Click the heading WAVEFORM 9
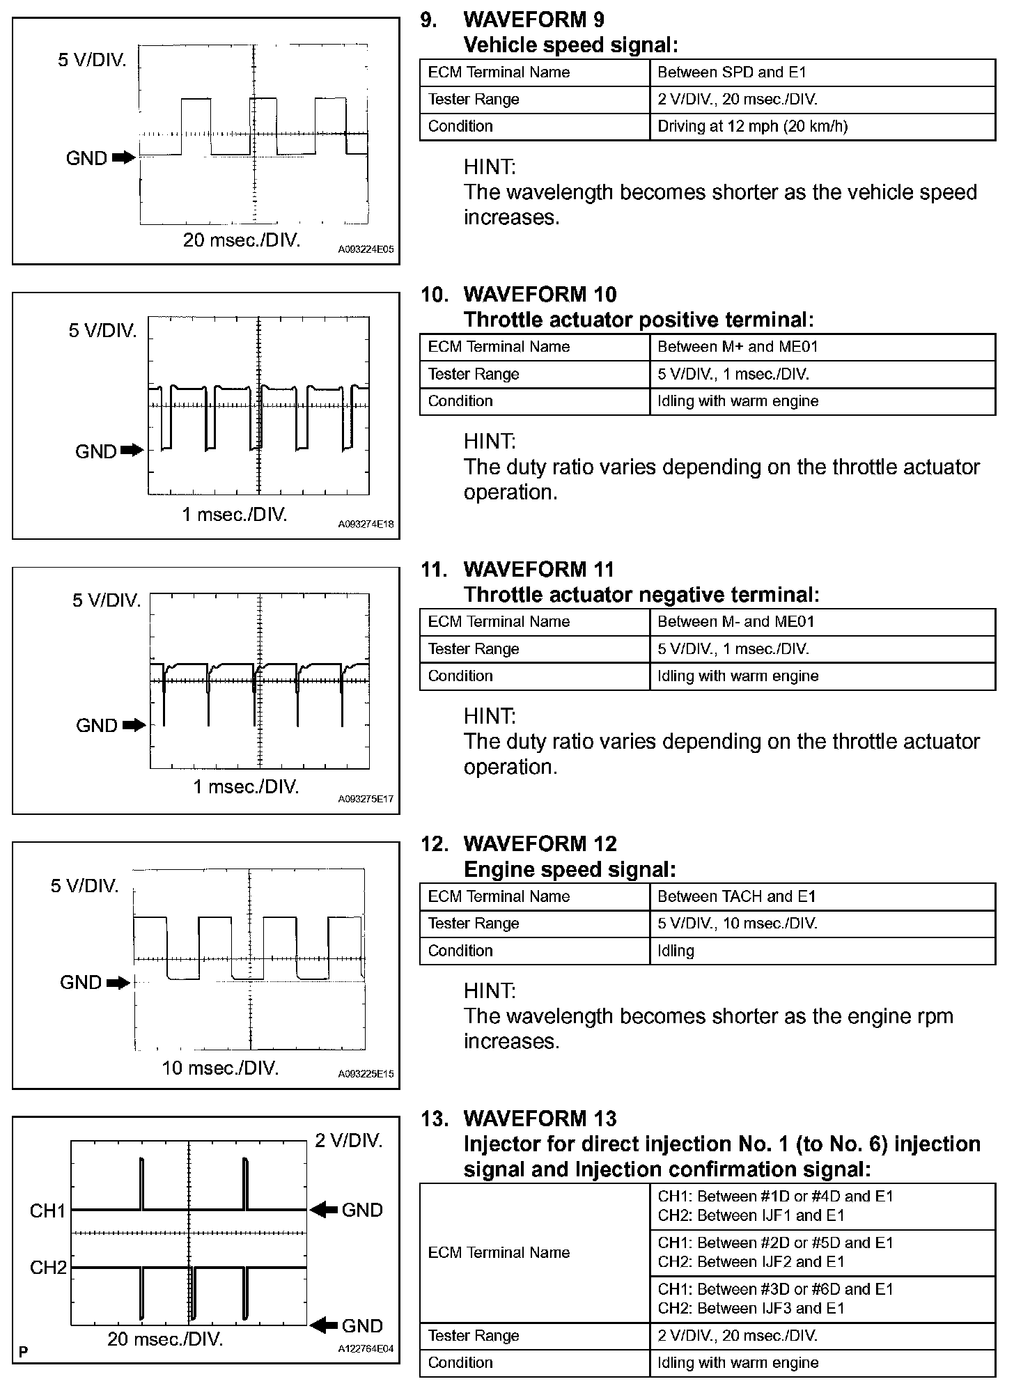(533, 20)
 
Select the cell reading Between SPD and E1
(731, 72)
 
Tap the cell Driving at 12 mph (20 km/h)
(752, 126)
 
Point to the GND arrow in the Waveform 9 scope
(123, 158)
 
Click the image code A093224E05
(366, 249)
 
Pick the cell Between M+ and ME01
(738, 347)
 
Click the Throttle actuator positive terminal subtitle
(638, 320)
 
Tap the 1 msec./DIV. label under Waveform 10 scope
(235, 515)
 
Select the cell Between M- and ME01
(735, 622)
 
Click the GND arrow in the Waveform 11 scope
(134, 726)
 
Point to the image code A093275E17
(366, 799)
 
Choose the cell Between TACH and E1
(736, 896)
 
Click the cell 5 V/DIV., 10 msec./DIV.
(737, 924)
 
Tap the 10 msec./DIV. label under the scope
(220, 1068)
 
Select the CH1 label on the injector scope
(47, 1210)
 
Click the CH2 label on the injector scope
(47, 1267)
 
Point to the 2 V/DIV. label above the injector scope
(349, 1140)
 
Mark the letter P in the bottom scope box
(24, 1353)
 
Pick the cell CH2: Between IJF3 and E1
(751, 1308)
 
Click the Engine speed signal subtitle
(570, 869)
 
